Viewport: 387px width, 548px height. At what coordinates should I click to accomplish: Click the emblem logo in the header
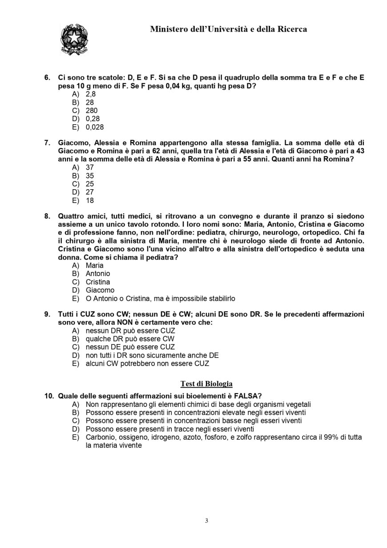(x=74, y=40)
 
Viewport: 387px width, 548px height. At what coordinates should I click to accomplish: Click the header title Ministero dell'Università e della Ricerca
(x=228, y=29)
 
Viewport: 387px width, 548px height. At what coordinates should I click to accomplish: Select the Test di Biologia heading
(x=206, y=384)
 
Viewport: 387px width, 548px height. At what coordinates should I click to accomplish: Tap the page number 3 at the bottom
(x=206, y=521)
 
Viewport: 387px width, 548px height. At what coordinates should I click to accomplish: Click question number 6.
(x=47, y=77)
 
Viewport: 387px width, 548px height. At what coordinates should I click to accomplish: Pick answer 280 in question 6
(x=92, y=110)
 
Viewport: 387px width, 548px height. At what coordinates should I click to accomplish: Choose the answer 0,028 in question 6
(x=95, y=127)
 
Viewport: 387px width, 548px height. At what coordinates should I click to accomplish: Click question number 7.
(x=47, y=143)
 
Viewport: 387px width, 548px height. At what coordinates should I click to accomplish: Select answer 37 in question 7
(x=90, y=167)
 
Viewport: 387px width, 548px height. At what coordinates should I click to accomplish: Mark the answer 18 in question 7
(x=90, y=200)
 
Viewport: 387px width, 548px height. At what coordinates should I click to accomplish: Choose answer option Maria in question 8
(x=94, y=265)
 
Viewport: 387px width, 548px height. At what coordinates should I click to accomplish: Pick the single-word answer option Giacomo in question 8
(x=100, y=290)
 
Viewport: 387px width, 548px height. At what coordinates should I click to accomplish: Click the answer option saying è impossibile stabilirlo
(x=160, y=298)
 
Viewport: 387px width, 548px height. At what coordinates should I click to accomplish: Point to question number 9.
(x=47, y=314)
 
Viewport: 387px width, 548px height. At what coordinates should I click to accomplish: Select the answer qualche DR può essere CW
(x=130, y=339)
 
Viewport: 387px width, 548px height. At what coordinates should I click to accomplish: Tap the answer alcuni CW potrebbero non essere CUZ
(x=147, y=363)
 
